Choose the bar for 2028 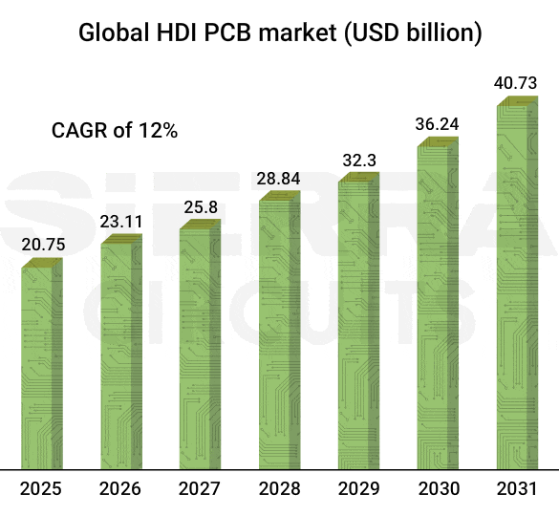(279, 330)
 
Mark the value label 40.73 (518, 83)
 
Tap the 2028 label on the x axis (279, 489)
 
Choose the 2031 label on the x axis (517, 489)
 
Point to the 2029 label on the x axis (358, 489)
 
